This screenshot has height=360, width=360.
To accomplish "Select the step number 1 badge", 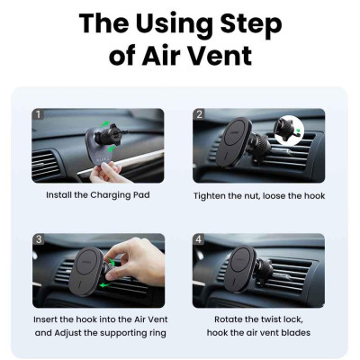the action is click(38, 114).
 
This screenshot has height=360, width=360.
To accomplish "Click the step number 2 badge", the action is click(199, 114).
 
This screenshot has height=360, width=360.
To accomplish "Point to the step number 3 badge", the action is click(39, 239).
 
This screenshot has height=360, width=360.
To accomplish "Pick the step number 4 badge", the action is click(199, 239).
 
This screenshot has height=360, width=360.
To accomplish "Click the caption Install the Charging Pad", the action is click(98, 195).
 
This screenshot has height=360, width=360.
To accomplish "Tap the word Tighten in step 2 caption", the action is click(210, 196).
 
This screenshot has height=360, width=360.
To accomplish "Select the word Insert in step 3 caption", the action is click(45, 319).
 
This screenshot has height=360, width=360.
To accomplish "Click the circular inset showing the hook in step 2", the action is click(289, 130).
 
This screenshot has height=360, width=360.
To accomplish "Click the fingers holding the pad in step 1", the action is click(106, 173).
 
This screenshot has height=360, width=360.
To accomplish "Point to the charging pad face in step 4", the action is click(241, 269).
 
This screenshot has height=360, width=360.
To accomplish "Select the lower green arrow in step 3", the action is click(105, 284).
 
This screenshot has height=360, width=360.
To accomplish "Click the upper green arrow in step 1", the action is click(105, 123).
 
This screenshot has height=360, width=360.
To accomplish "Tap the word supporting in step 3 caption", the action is click(123, 333).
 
